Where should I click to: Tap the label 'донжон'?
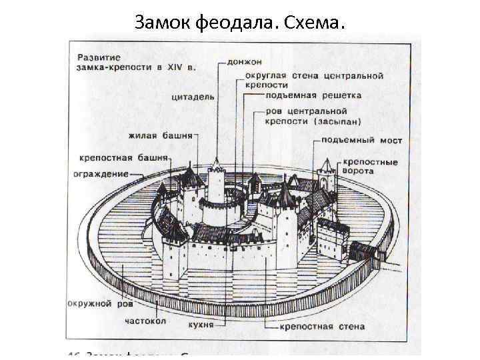[x=244, y=62]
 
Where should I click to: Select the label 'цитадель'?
[x=193, y=97]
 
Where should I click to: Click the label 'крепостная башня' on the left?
[x=125, y=160]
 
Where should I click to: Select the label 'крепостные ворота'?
[x=371, y=167]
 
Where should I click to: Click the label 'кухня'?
[x=201, y=325]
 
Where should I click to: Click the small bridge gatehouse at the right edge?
[x=364, y=252]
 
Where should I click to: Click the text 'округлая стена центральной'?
[x=313, y=75]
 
